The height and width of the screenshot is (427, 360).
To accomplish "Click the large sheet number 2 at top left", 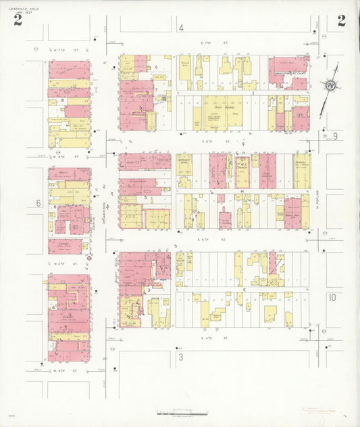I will point(18,20).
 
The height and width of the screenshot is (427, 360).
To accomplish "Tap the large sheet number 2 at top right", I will point(342,20).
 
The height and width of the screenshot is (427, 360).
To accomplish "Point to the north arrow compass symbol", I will point(330,85).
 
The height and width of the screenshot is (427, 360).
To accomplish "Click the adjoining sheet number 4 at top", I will point(181,28).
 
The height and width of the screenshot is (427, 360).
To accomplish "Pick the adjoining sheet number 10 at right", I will point(332,297).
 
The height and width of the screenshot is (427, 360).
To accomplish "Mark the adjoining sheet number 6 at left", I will point(38,203).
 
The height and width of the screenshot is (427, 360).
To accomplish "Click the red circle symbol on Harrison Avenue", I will point(89,257).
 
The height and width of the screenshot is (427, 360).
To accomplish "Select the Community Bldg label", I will point(184,163).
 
